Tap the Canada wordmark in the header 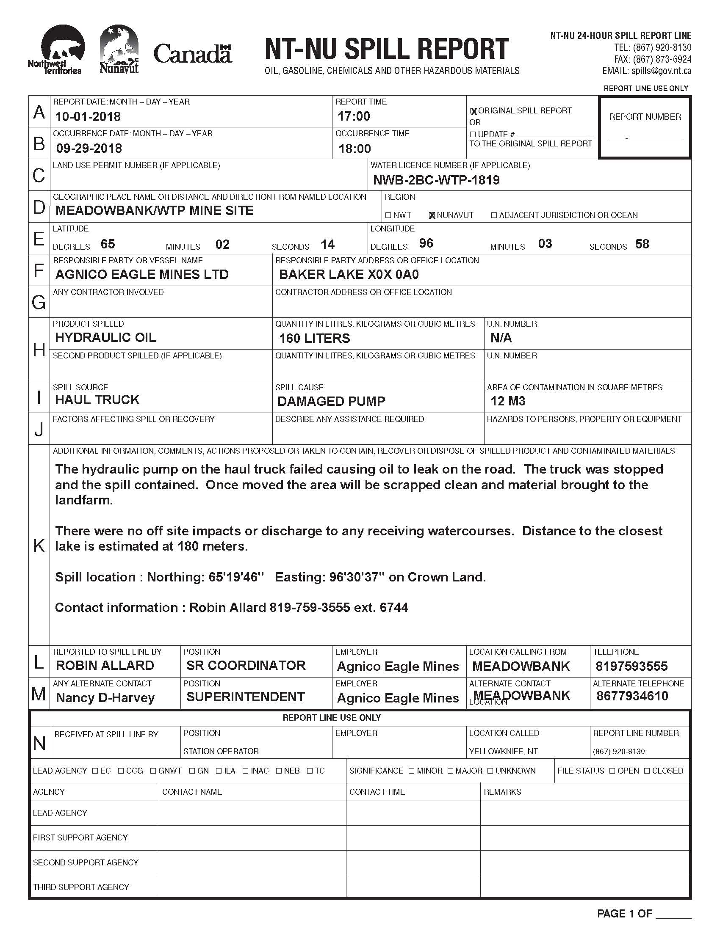click(192, 54)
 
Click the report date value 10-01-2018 click(88, 116)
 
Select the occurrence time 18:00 click(354, 149)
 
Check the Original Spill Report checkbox click(473, 111)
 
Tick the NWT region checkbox click(388, 215)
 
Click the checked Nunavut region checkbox click(432, 215)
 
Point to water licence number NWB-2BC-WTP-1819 click(436, 180)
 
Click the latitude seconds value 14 click(327, 244)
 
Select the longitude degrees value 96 click(426, 243)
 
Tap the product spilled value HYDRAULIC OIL click(105, 338)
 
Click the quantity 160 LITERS click(314, 339)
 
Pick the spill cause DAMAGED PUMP click(331, 401)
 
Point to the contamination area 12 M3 click(507, 401)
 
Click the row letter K click(39, 545)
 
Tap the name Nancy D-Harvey click(105, 698)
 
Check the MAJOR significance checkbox click(451, 771)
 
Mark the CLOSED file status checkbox click(647, 771)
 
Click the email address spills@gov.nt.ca click(661, 71)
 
